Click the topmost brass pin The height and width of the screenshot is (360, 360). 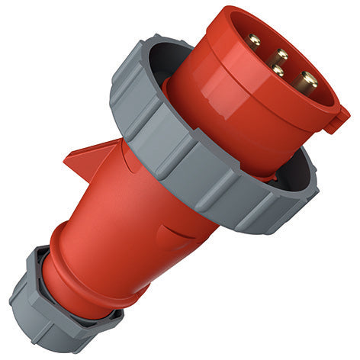click(254, 40)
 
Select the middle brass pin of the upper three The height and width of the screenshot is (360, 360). click(280, 56)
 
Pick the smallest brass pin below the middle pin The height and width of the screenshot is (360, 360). click(278, 71)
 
